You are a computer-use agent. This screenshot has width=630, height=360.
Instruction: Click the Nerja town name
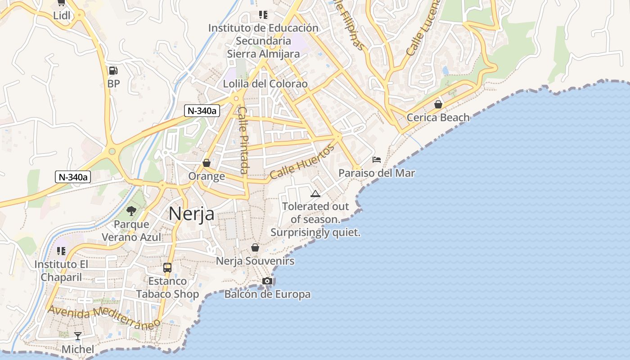(191, 214)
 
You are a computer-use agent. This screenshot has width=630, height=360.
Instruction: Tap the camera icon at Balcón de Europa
(267, 281)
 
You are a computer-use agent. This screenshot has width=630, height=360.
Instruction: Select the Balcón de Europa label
(267, 294)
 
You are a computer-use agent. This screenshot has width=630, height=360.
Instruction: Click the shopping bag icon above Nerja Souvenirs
(255, 247)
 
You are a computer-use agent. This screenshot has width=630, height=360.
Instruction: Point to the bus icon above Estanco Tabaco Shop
(167, 268)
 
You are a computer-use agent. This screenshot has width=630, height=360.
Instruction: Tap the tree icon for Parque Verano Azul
(131, 210)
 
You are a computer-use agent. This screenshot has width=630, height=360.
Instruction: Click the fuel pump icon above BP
(113, 71)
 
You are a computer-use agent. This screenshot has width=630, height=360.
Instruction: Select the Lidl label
(62, 15)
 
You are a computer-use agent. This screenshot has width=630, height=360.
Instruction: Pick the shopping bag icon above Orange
(207, 163)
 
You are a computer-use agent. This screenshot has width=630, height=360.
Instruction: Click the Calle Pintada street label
(243, 140)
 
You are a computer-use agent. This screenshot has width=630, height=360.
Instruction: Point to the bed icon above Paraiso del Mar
(377, 160)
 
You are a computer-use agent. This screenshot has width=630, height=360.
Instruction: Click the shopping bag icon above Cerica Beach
(438, 105)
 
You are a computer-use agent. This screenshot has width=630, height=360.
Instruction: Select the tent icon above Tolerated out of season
(315, 194)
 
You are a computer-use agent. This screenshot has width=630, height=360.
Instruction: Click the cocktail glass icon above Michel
(78, 336)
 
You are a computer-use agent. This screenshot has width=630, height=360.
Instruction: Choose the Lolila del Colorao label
(265, 84)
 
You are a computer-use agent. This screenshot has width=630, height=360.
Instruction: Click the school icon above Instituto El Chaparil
(61, 251)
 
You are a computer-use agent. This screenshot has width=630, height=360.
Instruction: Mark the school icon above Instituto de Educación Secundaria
(263, 15)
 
